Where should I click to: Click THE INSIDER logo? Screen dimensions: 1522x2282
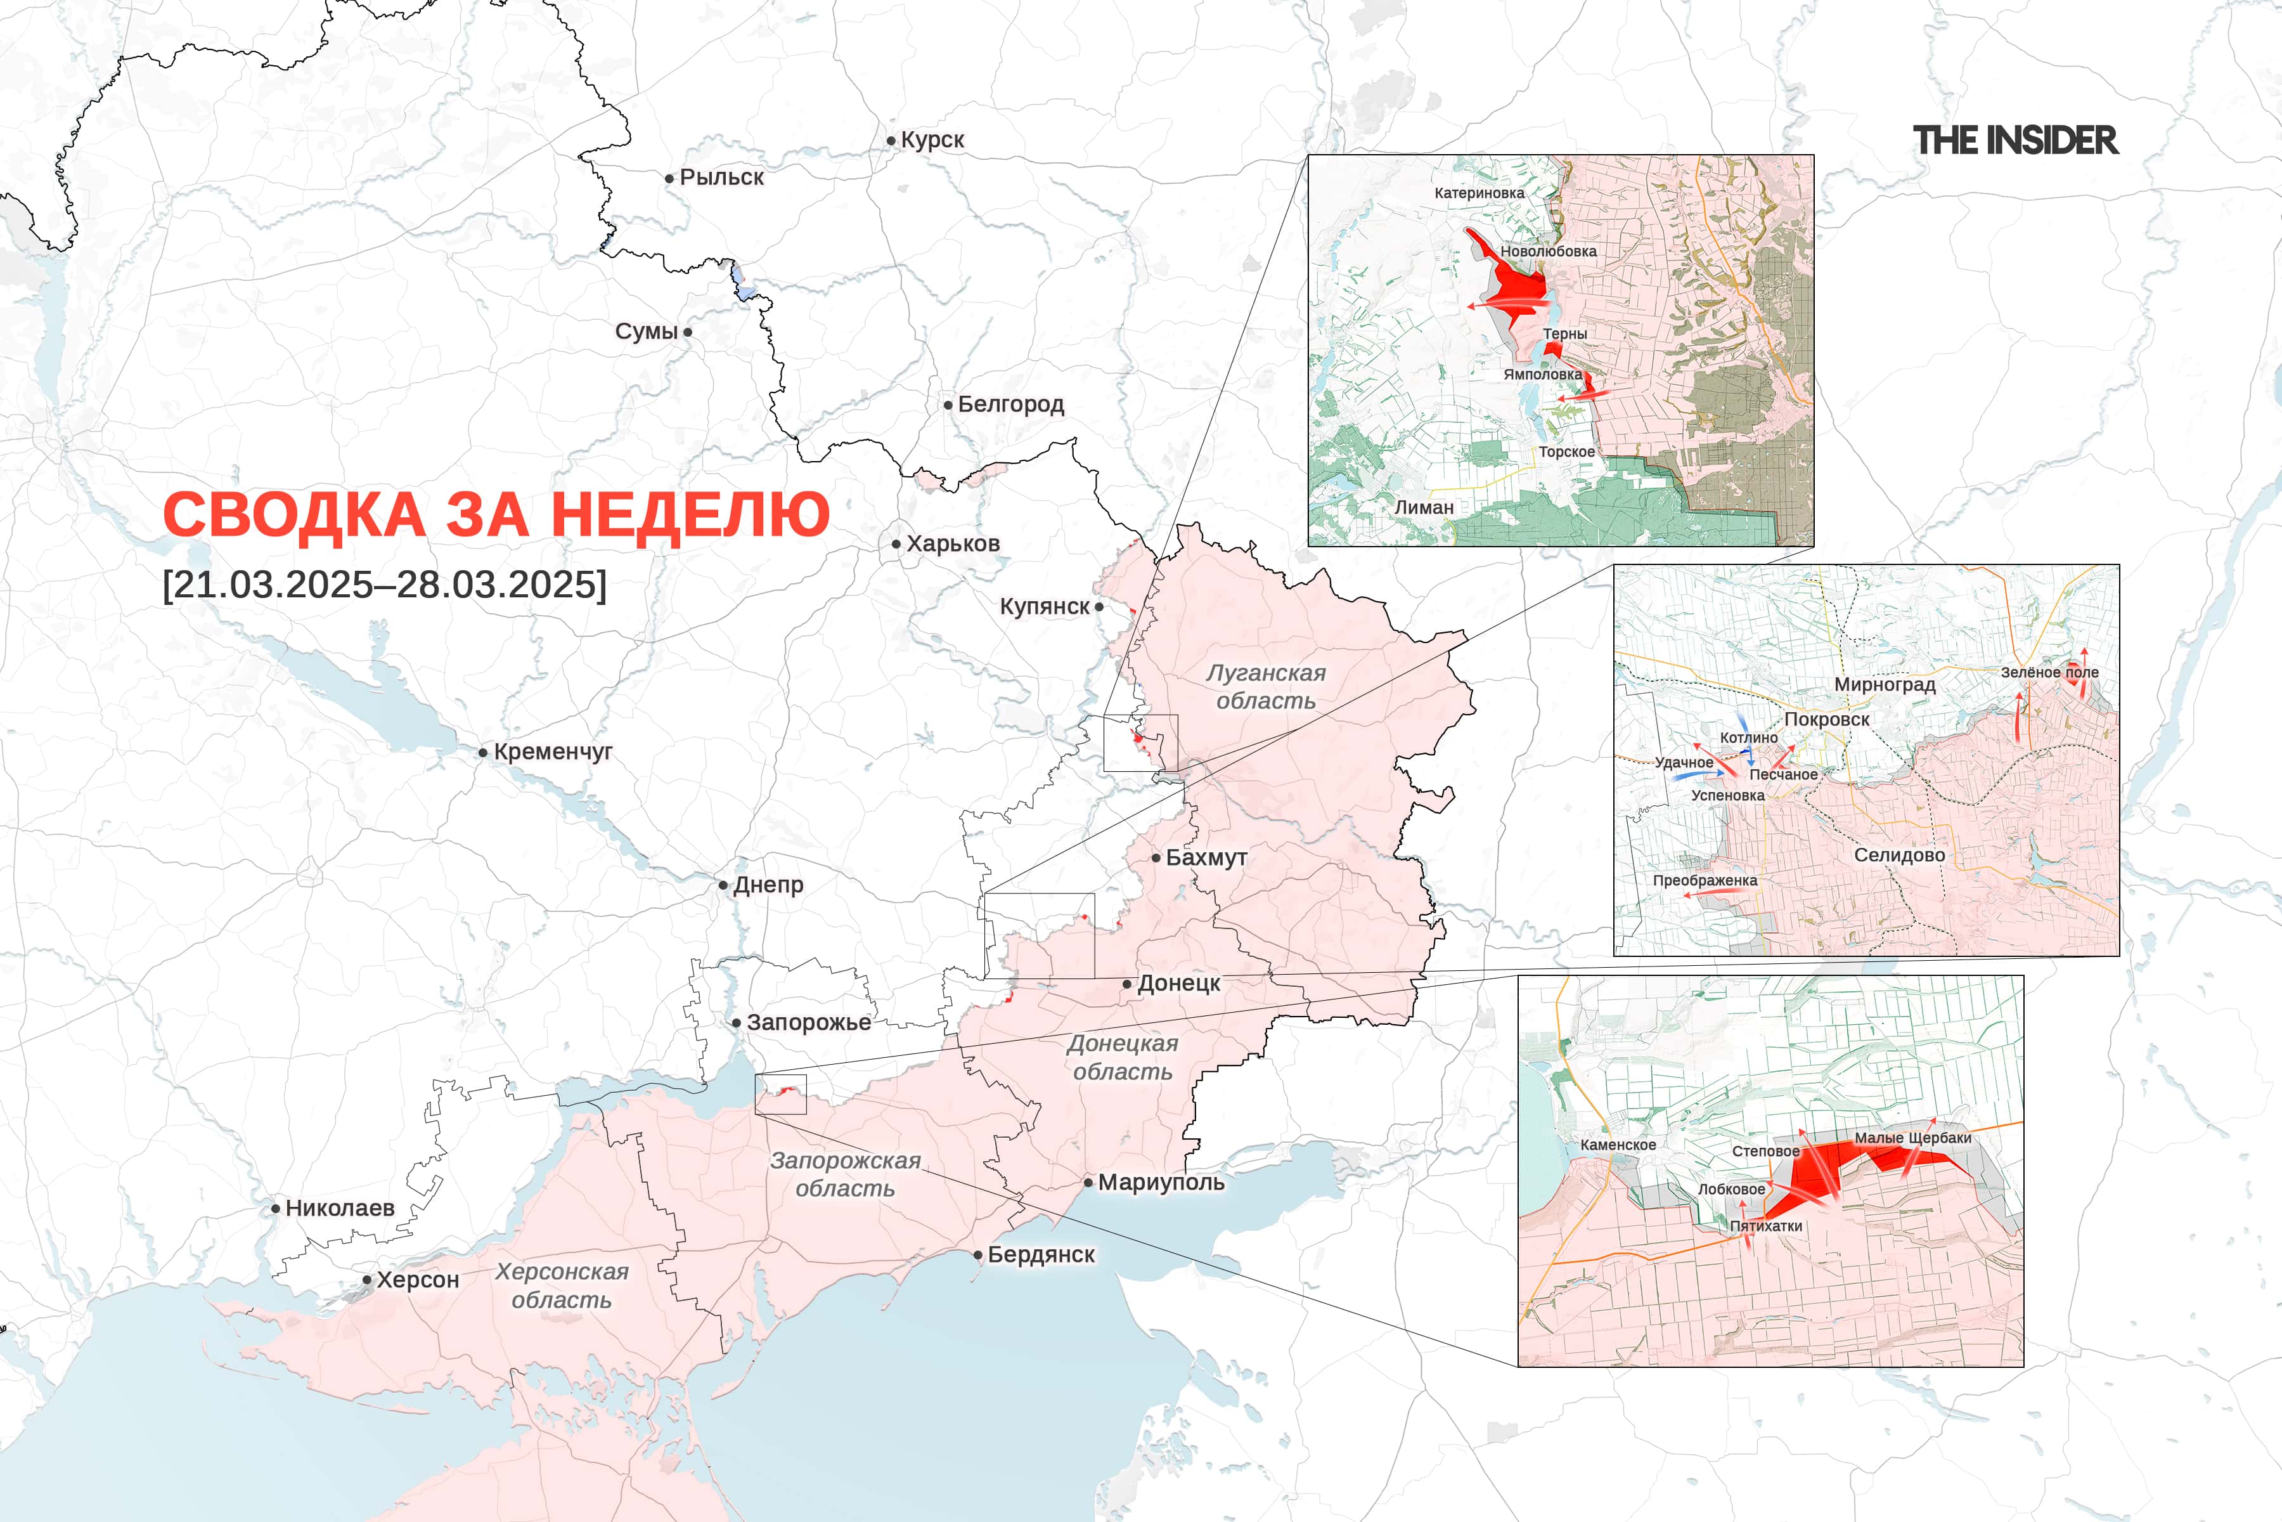tap(2015, 141)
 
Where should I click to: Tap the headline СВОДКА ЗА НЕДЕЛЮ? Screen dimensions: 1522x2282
tap(496, 514)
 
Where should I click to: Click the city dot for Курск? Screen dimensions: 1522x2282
tap(891, 141)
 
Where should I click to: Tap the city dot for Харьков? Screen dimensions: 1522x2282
tap(896, 545)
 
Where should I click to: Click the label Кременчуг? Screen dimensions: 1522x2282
tap(553, 751)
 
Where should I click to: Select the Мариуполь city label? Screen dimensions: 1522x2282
tap(1161, 1182)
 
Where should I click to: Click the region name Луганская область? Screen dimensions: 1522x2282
tap(1265, 686)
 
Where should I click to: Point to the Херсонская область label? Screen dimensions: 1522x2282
tap(562, 1285)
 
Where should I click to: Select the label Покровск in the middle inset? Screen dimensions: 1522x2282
tap(1826, 719)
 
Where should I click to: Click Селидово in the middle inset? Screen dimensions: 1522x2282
tap(1898, 855)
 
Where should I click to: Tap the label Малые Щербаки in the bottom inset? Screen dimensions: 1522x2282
tap(1912, 1138)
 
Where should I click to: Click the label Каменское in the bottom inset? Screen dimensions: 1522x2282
tap(1618, 1145)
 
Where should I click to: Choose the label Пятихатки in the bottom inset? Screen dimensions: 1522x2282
tap(1766, 1226)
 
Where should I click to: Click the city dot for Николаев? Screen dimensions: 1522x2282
tap(276, 1209)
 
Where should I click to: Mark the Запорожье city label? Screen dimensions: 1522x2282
tap(808, 1022)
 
